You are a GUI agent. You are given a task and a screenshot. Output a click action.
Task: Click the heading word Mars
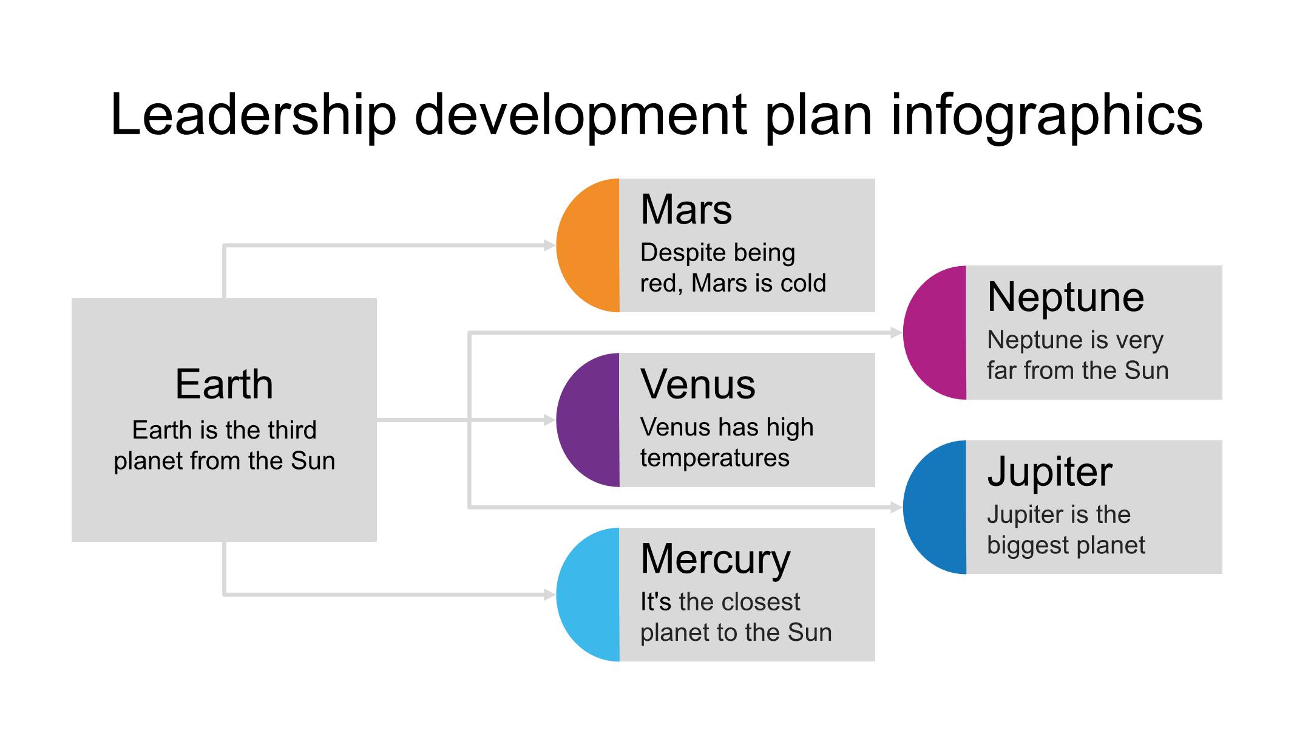[x=686, y=210]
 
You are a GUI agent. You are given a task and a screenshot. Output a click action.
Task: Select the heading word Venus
[x=697, y=384]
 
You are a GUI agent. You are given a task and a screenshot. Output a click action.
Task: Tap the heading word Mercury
[x=715, y=559]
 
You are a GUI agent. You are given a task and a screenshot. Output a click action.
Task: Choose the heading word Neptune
[x=1065, y=297]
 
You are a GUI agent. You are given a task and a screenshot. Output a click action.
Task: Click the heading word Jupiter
[x=1049, y=472]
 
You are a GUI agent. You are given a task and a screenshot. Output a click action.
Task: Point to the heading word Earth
[x=224, y=384]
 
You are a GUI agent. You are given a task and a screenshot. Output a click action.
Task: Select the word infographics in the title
[x=1046, y=115]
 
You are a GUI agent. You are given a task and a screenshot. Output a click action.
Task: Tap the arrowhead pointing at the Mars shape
[x=549, y=245]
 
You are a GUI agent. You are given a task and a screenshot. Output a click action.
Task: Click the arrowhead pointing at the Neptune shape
[x=896, y=332]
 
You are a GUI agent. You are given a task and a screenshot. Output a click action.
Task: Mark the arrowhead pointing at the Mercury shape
[x=549, y=595]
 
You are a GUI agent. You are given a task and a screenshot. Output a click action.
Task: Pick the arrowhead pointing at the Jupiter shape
[x=896, y=507]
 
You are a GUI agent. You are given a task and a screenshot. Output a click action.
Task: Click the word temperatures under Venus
[x=714, y=458]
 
